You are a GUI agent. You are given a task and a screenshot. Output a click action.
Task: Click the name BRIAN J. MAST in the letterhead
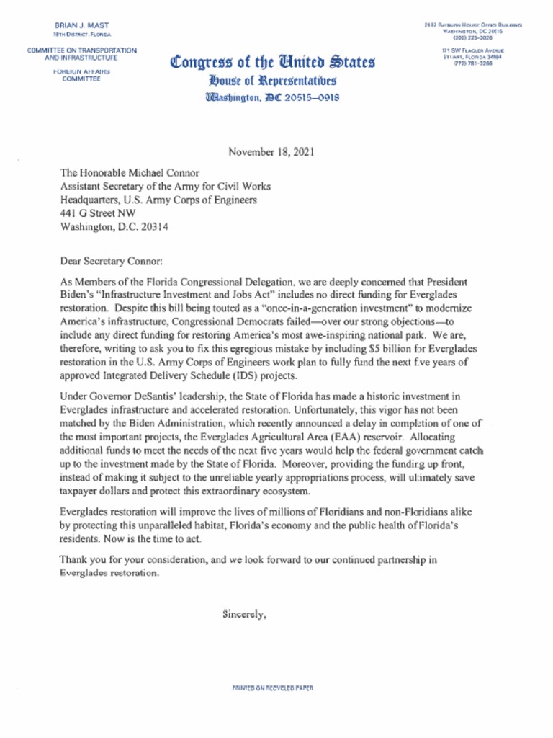click(x=81, y=25)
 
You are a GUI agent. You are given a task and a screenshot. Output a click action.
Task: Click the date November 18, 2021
click(x=271, y=152)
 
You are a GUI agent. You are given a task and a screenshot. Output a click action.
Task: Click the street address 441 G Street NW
click(x=96, y=213)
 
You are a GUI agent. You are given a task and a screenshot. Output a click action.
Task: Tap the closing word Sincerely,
click(x=245, y=615)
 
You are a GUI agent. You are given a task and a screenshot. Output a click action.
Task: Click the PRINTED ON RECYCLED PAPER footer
click(x=272, y=688)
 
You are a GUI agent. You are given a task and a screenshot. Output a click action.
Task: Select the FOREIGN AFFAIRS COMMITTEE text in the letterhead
click(x=81, y=76)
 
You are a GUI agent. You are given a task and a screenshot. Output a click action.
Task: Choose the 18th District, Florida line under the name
click(x=81, y=35)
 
